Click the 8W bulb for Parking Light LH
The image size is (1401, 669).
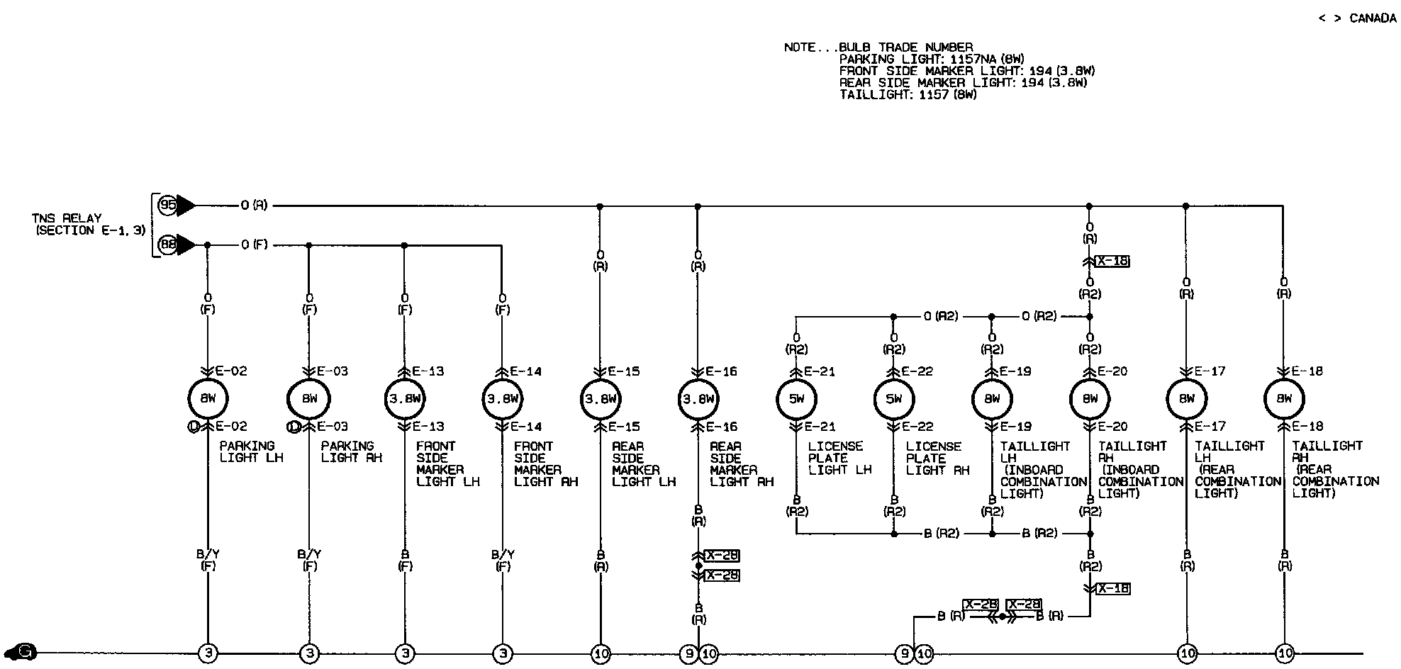pos(208,399)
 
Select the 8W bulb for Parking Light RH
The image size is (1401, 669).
pos(309,399)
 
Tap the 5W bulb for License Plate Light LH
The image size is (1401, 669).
pos(796,399)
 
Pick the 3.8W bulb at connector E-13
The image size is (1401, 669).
pos(405,399)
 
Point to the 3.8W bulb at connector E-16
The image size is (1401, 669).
pos(698,399)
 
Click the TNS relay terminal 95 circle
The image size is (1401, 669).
pos(168,206)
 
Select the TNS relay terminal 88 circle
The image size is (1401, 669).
pos(168,245)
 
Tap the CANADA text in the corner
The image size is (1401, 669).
pos(1373,18)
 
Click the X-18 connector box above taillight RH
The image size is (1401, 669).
pos(1112,262)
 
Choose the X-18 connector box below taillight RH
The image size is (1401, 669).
pos(1112,589)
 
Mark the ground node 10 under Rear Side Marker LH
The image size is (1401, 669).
pos(601,653)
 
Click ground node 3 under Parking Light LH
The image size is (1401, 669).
pos(208,653)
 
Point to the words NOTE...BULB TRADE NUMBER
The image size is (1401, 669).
pos(878,47)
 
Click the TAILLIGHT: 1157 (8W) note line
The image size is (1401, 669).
pos(908,95)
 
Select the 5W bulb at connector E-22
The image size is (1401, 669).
pos(893,399)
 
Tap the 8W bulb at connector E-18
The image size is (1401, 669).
pos(1284,399)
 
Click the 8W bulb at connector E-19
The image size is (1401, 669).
pos(991,399)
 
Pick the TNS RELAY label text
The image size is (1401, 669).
pos(67,218)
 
